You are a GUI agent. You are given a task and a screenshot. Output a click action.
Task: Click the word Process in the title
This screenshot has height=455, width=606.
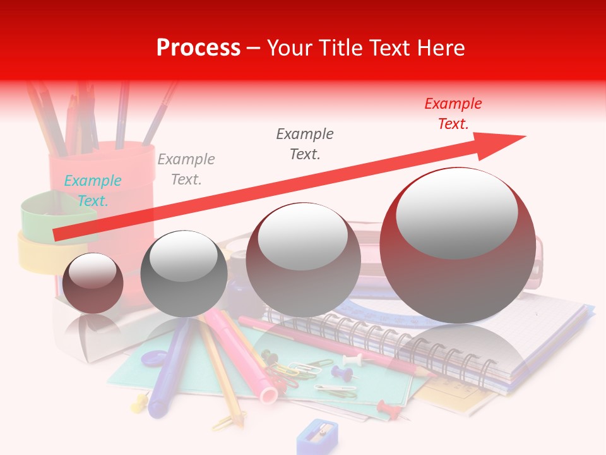coord(198,48)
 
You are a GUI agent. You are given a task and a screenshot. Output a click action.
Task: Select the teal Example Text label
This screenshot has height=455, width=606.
coord(92,191)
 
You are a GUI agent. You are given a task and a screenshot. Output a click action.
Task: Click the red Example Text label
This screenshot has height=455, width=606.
coord(453,114)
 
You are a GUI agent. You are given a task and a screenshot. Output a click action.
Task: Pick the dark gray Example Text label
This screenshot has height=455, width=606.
coord(305,143)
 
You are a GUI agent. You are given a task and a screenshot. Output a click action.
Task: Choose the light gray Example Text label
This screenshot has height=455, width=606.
coord(186,169)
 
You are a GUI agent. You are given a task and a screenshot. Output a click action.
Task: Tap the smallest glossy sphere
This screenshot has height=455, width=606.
coord(93,283)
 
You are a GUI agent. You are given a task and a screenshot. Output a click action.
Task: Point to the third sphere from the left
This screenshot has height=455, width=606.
coord(303,260)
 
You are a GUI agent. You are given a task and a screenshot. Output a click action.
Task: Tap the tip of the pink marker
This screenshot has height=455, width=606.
coord(268,396)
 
